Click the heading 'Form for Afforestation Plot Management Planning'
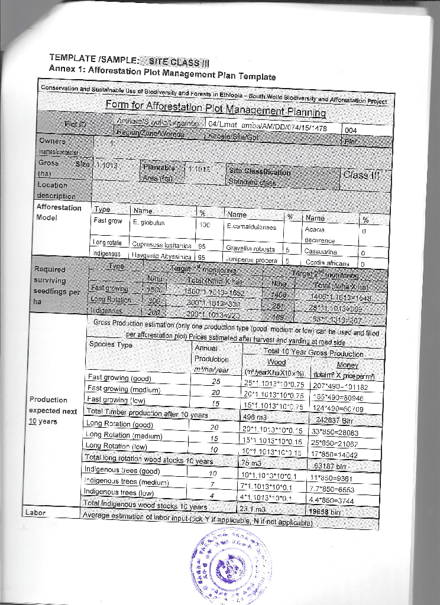(x=215, y=108)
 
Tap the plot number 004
(x=351, y=130)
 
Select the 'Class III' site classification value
(x=362, y=174)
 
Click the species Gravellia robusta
(x=251, y=248)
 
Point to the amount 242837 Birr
(x=335, y=420)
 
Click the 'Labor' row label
(x=34, y=512)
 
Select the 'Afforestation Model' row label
(x=59, y=212)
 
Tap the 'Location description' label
(x=57, y=190)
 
